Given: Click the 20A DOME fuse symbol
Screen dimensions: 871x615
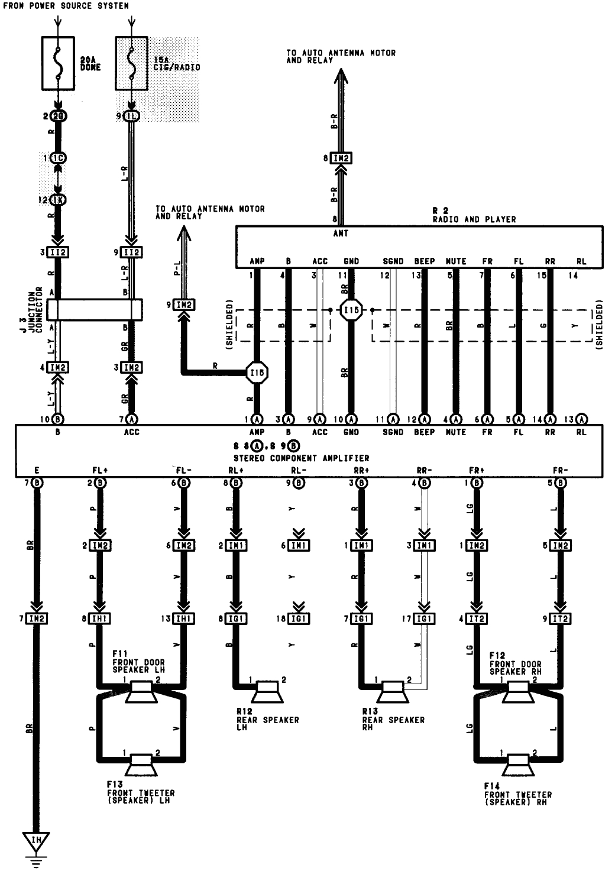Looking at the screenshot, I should pos(58,64).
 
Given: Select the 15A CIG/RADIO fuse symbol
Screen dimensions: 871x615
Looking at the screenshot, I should pos(132,64).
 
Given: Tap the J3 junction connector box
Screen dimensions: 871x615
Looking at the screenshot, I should pos(94,309).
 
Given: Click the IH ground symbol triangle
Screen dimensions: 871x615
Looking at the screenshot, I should pos(36,841).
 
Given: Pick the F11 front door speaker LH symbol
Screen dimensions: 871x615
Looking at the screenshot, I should pos(143,691).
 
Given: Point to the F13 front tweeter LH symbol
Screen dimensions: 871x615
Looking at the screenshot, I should pos(142,765).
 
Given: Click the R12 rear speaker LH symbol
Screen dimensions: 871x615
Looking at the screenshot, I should pos(267,691).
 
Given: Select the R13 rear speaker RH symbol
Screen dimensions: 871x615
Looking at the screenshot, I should pos(393,691).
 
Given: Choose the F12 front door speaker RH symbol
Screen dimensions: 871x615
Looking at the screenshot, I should pos(519,691).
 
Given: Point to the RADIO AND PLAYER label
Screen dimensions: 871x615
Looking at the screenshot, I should pos(474,219).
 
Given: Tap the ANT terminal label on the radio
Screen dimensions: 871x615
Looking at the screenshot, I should pos(341,234).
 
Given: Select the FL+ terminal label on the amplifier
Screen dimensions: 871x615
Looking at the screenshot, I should pos(100,471).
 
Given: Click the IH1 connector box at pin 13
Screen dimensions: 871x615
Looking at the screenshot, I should pos(184,619).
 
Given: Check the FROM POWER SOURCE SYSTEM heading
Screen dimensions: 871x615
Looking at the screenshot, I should pos(66,5).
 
